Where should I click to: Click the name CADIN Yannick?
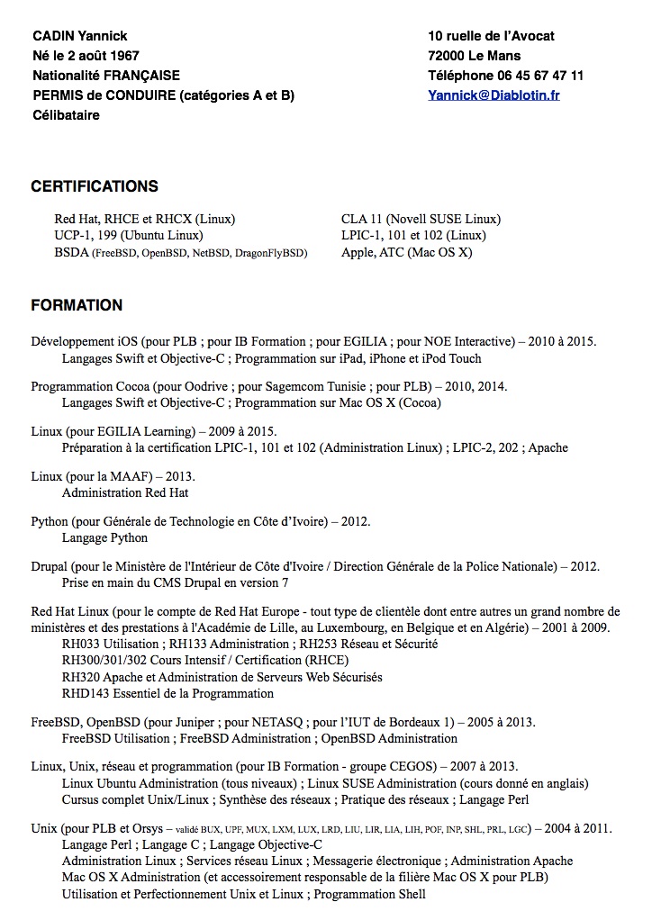point(79,36)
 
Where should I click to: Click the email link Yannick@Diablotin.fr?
point(494,95)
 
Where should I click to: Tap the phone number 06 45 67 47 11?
point(538,76)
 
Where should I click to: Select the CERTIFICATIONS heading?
point(95,187)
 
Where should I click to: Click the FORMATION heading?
point(77,305)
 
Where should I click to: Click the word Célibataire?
point(66,115)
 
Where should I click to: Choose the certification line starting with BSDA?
point(181,253)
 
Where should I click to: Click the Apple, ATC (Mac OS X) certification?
point(406,253)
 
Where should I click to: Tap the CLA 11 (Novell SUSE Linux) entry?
point(421,219)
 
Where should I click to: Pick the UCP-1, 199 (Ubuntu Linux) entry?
point(128,236)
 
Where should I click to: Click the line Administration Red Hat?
point(125,492)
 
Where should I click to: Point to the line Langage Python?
point(104,537)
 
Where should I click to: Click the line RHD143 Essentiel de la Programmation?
point(168,694)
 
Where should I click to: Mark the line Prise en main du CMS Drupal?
point(175,582)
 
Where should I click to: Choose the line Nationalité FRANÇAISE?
point(106,76)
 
